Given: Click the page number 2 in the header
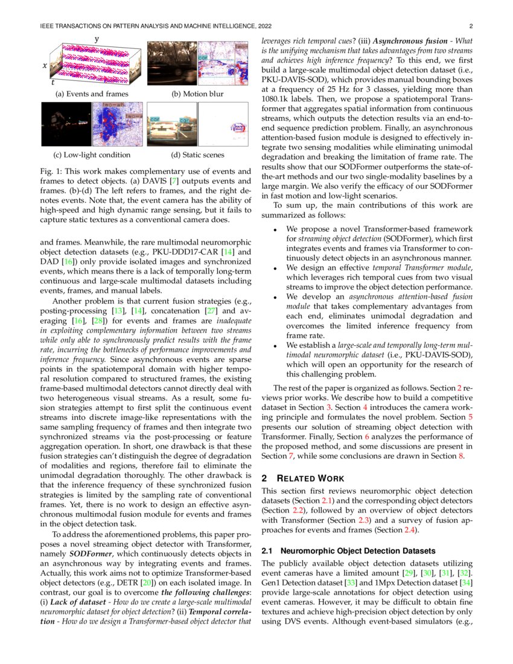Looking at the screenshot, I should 470,26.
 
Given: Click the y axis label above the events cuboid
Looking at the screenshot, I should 97,39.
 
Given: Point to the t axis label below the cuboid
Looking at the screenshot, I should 53,82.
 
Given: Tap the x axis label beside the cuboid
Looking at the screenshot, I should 43,68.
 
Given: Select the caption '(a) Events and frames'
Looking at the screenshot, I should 92,94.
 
